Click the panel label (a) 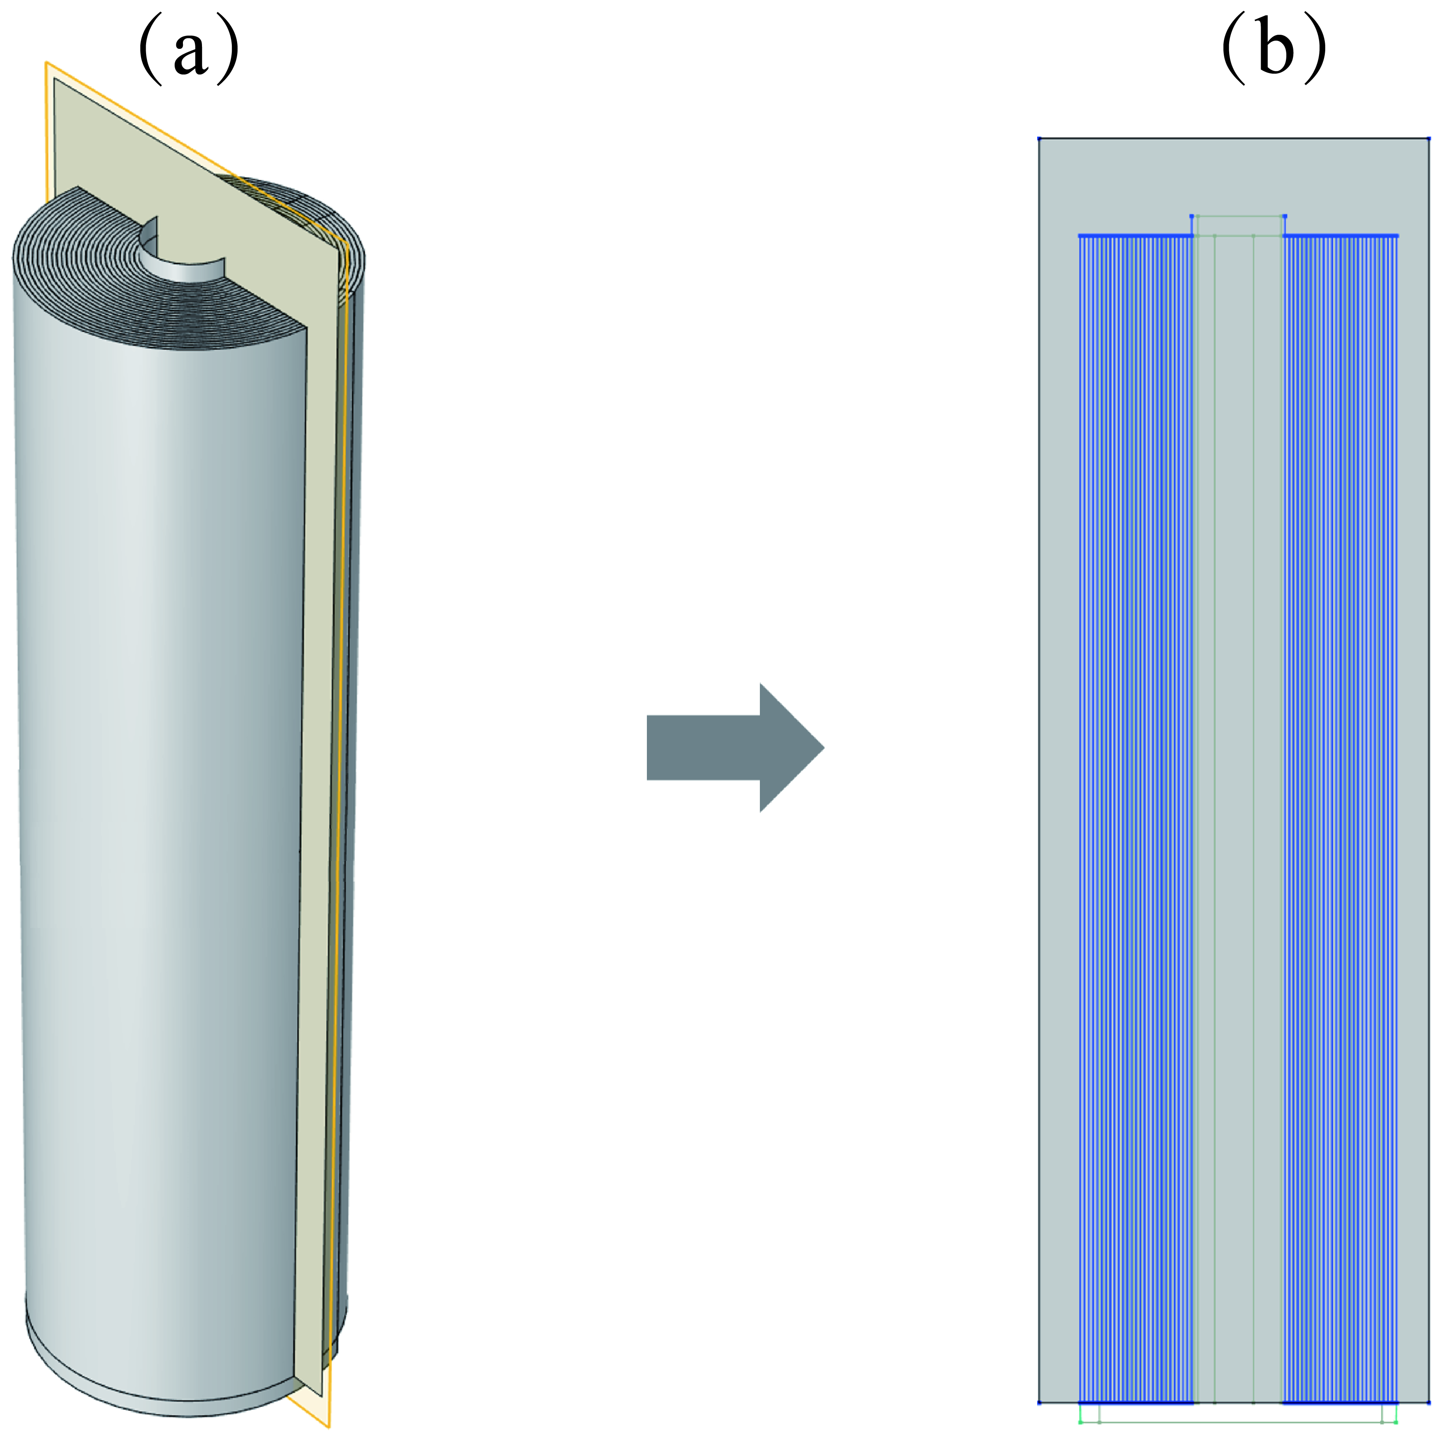tap(189, 50)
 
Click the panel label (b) tap(1274, 50)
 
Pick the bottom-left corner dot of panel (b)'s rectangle tap(1039, 1403)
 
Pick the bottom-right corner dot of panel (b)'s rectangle tap(1428, 1403)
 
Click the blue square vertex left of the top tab tap(1191, 216)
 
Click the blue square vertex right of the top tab tap(1284, 216)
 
